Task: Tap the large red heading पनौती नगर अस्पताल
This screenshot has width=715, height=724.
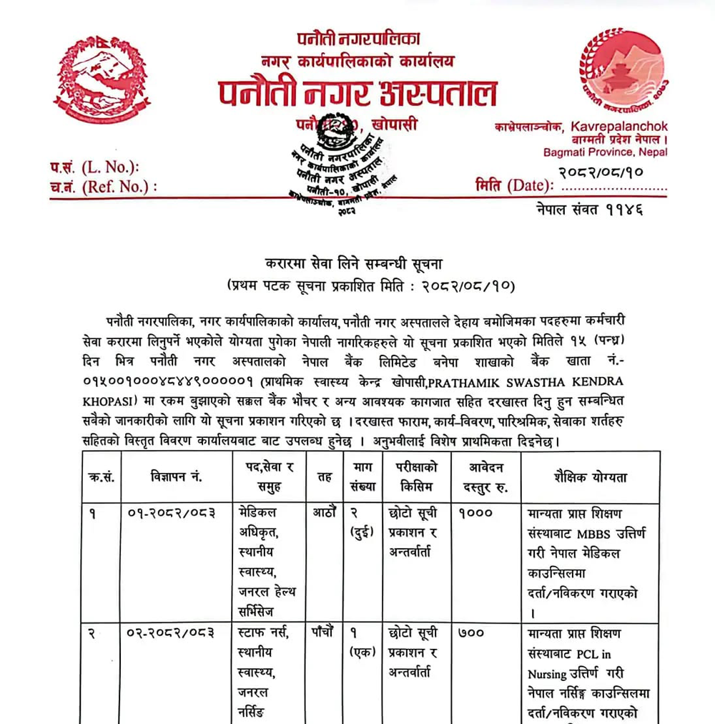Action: pos(357,93)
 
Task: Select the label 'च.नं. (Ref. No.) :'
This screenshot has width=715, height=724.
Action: pos(103,187)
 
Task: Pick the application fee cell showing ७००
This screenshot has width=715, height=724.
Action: pos(476,634)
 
